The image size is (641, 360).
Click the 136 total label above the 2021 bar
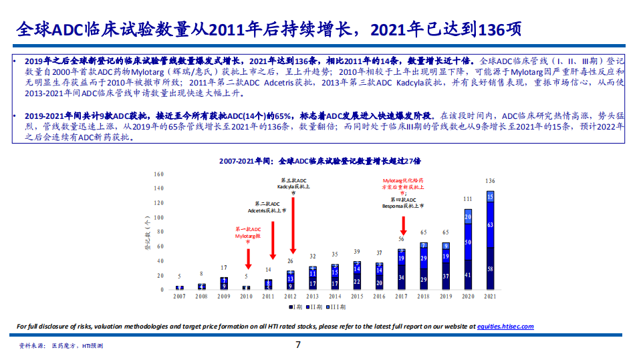click(x=490, y=181)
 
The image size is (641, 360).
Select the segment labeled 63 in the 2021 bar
click(x=491, y=225)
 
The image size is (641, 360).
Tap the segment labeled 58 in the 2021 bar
click(x=491, y=268)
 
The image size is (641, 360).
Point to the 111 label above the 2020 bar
click(x=468, y=199)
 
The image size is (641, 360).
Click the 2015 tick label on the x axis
click(x=358, y=296)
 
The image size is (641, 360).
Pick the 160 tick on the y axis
click(x=158, y=174)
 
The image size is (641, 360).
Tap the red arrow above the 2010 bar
click(x=247, y=256)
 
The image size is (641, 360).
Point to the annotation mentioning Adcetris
click(x=271, y=207)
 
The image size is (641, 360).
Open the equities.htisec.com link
click(x=505, y=327)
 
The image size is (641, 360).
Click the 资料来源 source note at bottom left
click(x=60, y=347)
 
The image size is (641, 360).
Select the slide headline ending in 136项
click(x=267, y=30)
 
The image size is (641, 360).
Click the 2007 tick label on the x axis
click(x=179, y=296)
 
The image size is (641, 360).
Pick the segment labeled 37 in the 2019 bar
click(x=446, y=277)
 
